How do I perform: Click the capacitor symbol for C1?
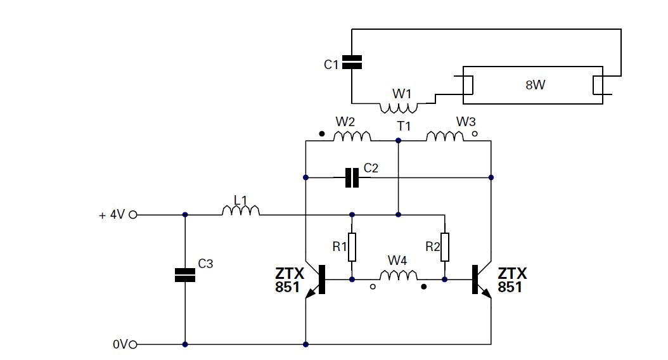pos(351,61)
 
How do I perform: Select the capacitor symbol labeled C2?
pos(351,178)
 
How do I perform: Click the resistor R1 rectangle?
pos(352,247)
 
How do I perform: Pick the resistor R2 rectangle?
pos(445,247)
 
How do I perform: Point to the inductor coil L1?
pos(241,210)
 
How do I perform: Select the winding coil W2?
pos(352,136)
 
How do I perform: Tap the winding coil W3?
pos(445,136)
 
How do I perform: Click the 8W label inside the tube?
pos(535,85)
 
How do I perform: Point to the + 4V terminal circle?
pos(133,215)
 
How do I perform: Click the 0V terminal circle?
pos(133,344)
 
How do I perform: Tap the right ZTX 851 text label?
pos(512,280)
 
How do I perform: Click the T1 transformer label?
pos(404,126)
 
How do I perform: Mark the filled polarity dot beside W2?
pos(322,134)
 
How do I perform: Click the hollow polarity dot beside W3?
pos(475,134)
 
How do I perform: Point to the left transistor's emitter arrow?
pos(311,293)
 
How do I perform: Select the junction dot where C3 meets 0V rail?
pos(185,344)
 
